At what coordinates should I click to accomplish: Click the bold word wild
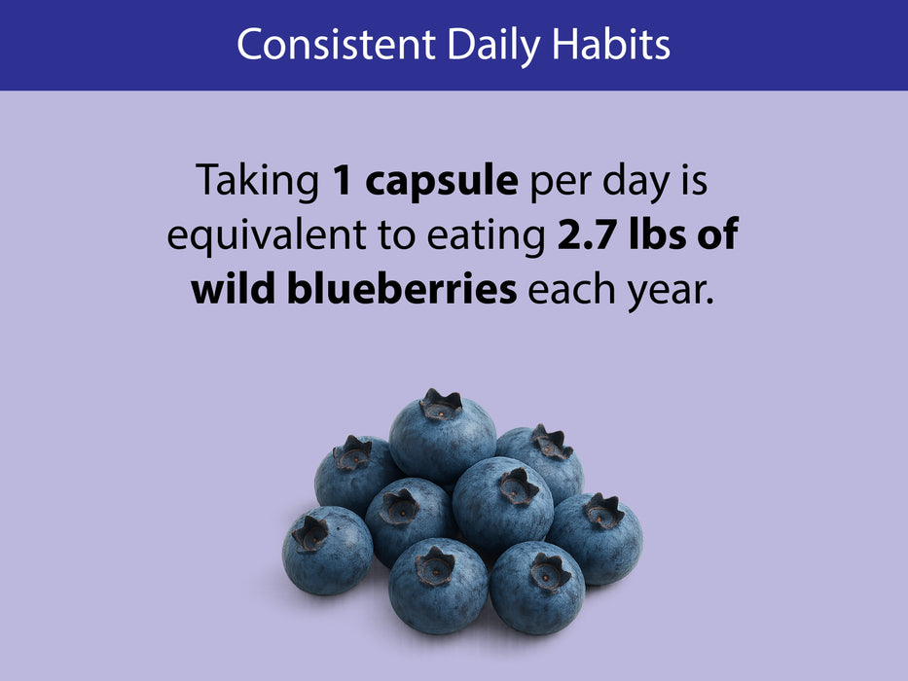click(235, 290)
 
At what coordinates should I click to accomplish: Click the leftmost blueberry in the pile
click(327, 550)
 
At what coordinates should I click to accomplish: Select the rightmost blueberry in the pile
click(596, 539)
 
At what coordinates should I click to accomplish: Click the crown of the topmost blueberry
click(440, 405)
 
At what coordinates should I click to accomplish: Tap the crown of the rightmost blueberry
click(603, 510)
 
